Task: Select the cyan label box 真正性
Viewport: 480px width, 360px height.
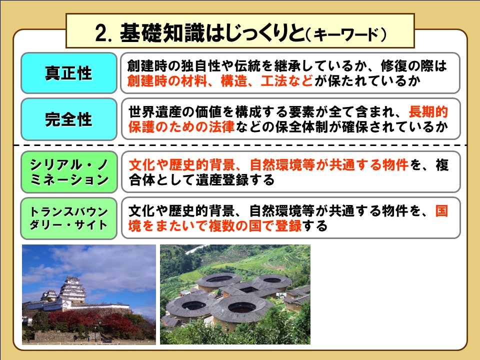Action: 69,73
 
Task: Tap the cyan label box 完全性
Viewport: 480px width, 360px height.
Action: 69,119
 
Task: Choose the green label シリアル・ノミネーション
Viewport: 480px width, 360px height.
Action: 69,172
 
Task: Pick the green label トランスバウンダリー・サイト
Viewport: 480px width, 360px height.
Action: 69,218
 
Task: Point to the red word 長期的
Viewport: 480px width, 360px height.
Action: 428,112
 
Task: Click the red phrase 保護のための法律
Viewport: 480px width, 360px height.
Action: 181,126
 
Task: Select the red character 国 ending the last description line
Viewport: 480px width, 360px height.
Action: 441,211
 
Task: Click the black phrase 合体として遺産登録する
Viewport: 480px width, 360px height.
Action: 201,179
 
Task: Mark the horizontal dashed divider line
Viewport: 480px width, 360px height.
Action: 240,145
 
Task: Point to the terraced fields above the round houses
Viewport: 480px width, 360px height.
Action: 245,260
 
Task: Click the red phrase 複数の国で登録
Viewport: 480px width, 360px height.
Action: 255,226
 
